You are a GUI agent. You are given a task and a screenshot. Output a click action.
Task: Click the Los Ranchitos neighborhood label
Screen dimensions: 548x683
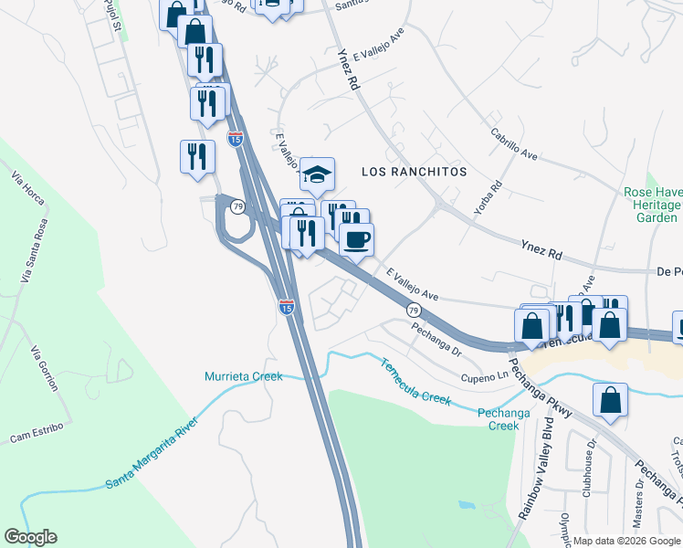coord(414,172)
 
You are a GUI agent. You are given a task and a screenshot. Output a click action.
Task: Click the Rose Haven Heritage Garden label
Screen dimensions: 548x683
coord(652,205)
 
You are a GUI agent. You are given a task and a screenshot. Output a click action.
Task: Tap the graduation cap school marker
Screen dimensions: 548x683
coord(317,175)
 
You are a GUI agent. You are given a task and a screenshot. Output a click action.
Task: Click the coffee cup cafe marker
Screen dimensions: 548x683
coord(356,240)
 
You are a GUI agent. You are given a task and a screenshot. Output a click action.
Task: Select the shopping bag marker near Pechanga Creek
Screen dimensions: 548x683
coord(610,401)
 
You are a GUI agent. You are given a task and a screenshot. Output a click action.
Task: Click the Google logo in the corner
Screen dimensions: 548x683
coord(30,537)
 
